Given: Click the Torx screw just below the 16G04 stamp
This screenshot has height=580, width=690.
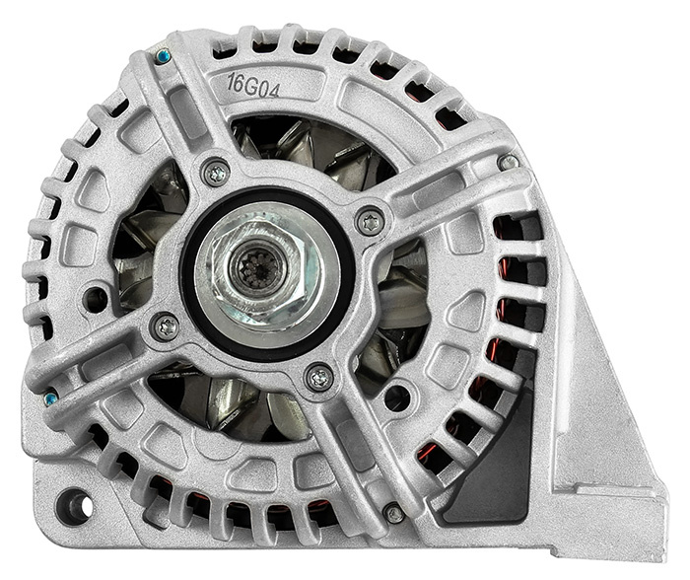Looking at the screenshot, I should [216, 174].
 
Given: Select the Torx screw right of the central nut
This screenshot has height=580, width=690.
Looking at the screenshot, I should [371, 223].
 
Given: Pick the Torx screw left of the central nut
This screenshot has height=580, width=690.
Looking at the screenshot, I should [166, 326].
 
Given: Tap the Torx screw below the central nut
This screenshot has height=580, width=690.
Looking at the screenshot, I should [319, 377].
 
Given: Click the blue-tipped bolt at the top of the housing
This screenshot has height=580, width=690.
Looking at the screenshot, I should [163, 57].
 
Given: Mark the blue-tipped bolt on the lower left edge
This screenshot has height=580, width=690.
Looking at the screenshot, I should [49, 399].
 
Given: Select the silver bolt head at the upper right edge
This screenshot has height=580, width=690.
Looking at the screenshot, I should [508, 162].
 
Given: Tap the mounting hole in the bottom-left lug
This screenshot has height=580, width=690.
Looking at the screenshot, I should [74, 506].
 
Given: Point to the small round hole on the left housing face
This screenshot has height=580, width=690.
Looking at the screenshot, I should [96, 295].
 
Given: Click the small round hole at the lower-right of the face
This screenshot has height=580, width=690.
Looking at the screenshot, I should [397, 398].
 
